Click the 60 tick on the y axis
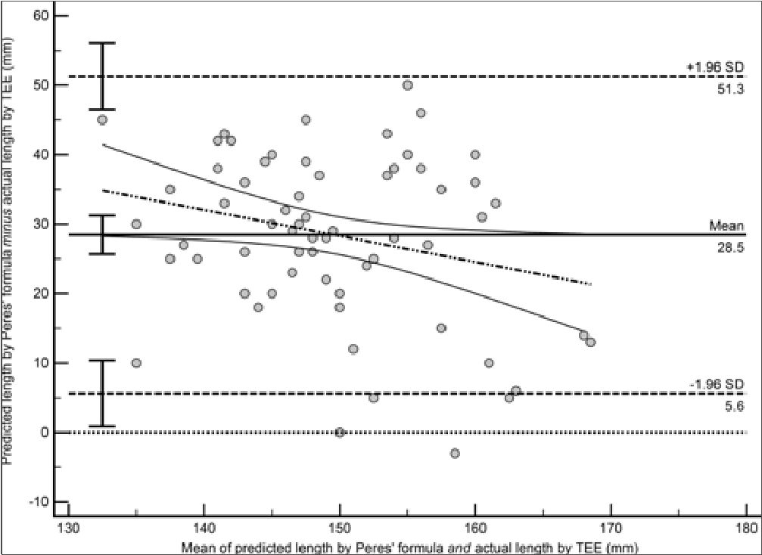point(40,16)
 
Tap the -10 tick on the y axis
point(38,501)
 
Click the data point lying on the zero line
point(340,432)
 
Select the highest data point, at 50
point(408,85)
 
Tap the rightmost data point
point(590,343)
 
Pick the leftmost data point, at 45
point(102,119)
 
